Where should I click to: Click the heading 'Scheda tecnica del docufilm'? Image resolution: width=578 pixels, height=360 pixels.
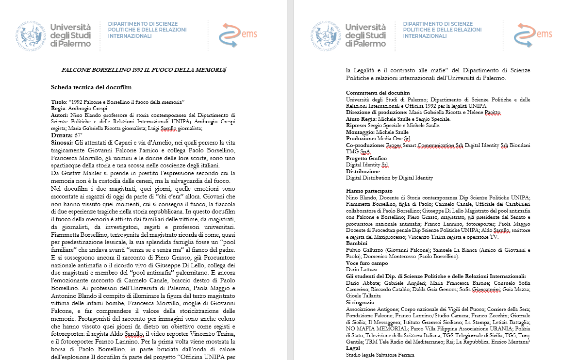[x=92, y=87]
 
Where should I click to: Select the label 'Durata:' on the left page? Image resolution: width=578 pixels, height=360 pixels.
[x=62, y=135]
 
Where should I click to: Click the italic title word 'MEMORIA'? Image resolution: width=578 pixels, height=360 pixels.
[x=210, y=70]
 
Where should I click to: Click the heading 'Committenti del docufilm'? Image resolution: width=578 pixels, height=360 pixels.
[x=378, y=93]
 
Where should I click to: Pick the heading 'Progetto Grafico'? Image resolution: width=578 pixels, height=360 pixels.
[x=366, y=158]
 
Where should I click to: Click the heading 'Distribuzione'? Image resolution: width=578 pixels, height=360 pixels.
[x=363, y=171]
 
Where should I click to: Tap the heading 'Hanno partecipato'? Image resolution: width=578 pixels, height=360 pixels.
[x=369, y=191]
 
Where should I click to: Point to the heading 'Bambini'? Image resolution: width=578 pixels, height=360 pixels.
[x=357, y=243]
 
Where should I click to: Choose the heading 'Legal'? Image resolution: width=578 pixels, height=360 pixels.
[x=353, y=348]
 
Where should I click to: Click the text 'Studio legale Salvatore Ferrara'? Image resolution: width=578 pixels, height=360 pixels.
[x=380, y=355]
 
